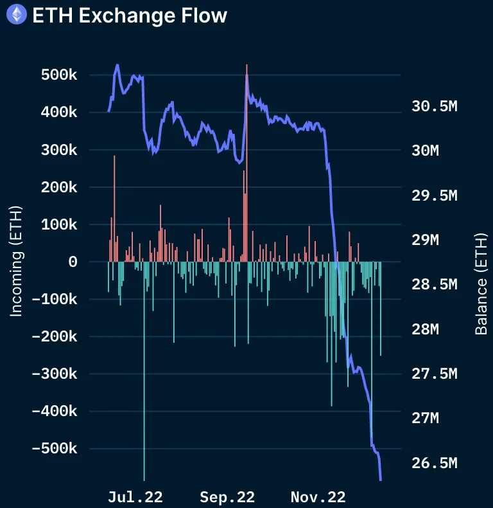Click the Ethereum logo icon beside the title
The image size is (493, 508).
pos(16,15)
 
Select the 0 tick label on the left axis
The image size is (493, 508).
pos(73,262)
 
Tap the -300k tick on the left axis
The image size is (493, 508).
pos(55,374)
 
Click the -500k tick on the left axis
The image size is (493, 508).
pos(55,448)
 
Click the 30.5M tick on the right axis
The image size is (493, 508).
pos(434,106)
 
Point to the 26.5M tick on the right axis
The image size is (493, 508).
pos(434,463)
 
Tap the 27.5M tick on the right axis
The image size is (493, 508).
pos(434,374)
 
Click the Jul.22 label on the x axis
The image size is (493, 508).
pos(135,497)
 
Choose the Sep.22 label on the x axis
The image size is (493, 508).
pos(227,497)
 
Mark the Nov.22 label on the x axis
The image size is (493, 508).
pos(318,497)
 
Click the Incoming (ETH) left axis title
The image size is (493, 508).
pos(17,261)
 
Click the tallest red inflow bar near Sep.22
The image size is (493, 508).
pos(246,161)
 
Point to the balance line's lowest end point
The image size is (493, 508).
pos(381,479)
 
